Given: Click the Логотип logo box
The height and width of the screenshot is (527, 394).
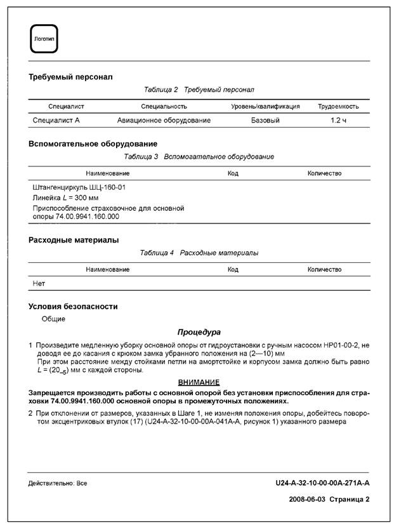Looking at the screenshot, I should point(43,39).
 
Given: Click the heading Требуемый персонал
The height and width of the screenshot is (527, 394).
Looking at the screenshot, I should point(70,77).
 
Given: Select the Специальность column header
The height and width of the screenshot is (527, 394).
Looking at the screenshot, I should point(164,107).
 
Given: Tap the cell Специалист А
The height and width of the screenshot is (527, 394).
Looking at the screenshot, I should point(56,120).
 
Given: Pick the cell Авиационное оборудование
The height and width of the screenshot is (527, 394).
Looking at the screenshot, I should point(164,120).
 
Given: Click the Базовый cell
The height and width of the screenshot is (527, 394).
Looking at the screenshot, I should point(265,120).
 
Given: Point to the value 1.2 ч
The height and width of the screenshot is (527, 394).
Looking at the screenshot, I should point(338,120).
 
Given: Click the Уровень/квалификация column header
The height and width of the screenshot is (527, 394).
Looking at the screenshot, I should point(265,107).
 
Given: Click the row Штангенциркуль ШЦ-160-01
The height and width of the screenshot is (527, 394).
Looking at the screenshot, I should point(79,188).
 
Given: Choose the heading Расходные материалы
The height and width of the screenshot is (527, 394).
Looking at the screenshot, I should point(74,240).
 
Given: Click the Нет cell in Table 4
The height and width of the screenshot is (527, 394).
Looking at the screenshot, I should point(39,283).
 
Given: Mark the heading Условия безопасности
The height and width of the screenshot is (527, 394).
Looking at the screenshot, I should point(73,307).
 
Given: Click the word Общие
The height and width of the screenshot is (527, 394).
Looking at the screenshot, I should point(53,319).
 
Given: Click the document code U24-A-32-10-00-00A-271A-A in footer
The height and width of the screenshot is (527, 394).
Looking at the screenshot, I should point(322,483).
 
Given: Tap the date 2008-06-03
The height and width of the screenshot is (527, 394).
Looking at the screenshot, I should point(306,499).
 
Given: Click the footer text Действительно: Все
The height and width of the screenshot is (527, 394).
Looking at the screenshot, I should point(58,484).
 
